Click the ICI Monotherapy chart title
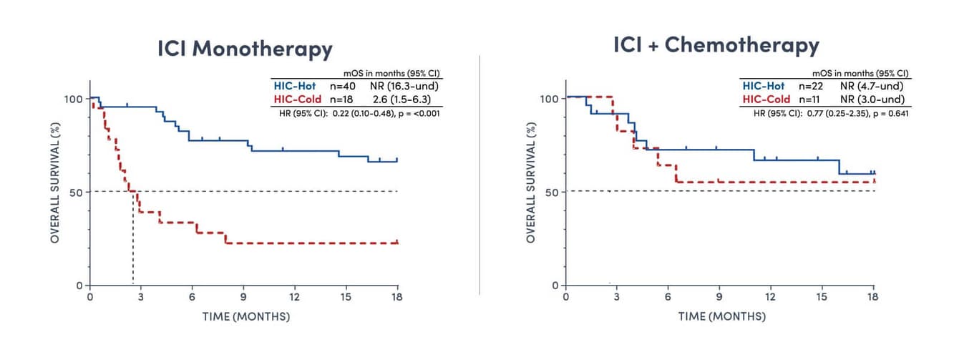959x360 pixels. (x=245, y=49)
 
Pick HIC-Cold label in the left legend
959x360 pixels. (x=296, y=99)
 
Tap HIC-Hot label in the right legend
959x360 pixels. (x=764, y=86)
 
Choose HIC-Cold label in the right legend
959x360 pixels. (x=766, y=99)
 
